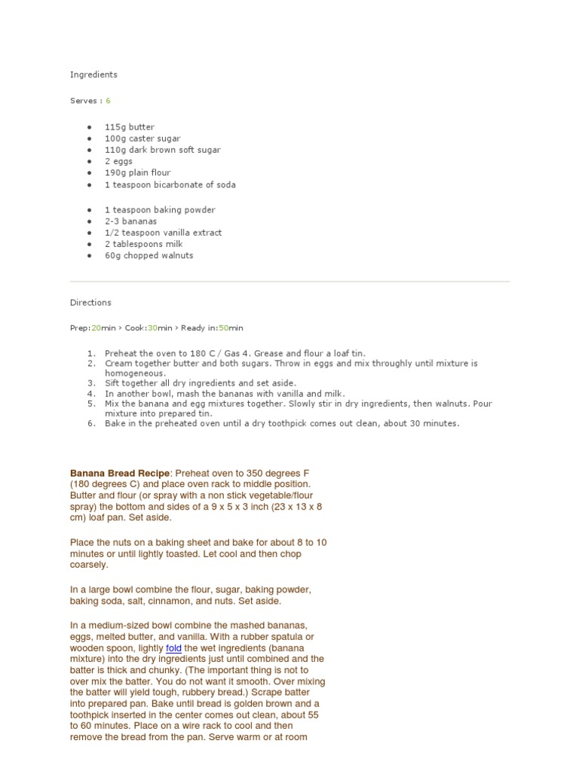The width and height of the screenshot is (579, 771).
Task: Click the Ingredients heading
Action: (x=93, y=75)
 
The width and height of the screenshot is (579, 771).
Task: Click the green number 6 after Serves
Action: (x=108, y=100)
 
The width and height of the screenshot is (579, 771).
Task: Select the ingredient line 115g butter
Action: (x=129, y=127)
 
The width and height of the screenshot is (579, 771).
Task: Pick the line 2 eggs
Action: (x=118, y=161)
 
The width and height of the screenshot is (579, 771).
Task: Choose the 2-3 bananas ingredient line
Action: (x=130, y=221)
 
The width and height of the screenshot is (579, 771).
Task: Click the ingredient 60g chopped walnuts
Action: (x=149, y=255)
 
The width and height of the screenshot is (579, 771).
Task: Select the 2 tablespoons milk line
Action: (x=143, y=244)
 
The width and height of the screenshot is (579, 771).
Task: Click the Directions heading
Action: (x=90, y=303)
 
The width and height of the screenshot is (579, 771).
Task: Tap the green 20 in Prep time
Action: (x=96, y=328)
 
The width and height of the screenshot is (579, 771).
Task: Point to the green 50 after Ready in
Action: (x=223, y=328)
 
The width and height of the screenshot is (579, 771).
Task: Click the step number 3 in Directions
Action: (x=91, y=383)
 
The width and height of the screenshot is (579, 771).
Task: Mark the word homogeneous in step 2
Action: (x=134, y=373)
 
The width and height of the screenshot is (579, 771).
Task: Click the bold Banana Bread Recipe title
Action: (x=120, y=474)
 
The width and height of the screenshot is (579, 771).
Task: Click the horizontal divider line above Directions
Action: (x=289, y=282)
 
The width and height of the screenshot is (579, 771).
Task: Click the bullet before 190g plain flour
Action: (x=90, y=173)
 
